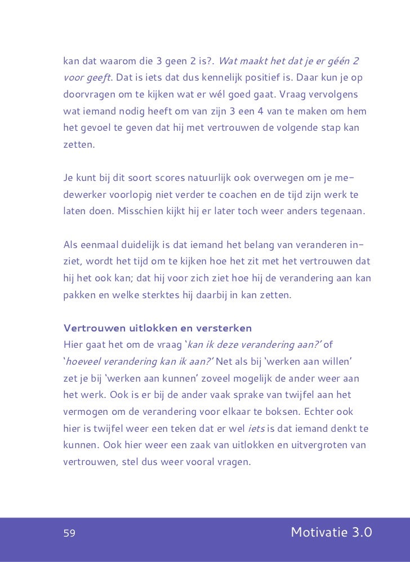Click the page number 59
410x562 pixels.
pos(69,533)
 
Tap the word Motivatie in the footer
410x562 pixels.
pos(317,533)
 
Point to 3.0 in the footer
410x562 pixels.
pos(359,533)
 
